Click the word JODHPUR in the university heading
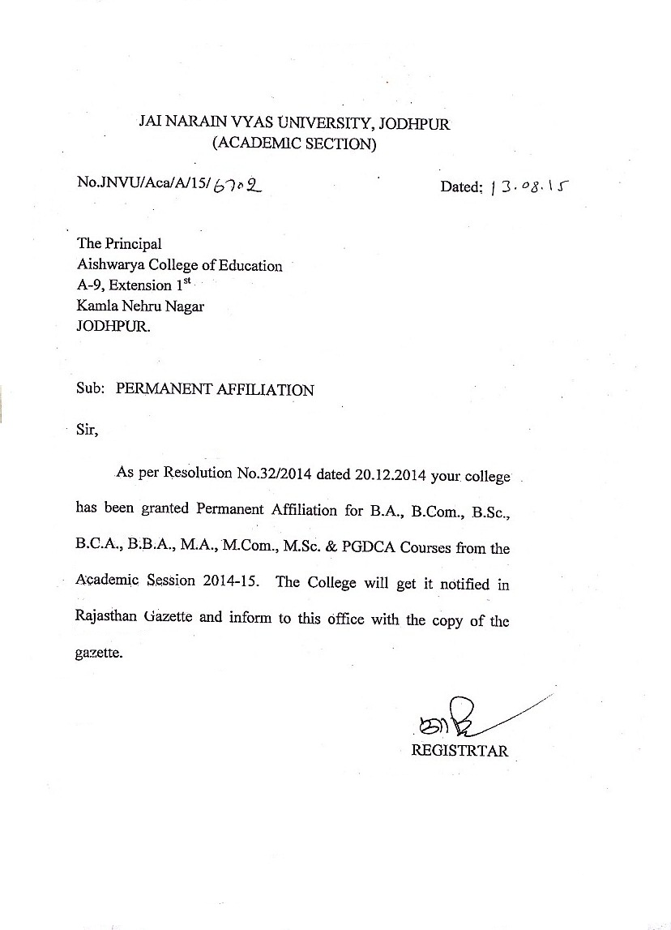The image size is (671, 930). [x=412, y=124]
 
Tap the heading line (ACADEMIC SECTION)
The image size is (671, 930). [x=293, y=145]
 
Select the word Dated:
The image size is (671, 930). [x=462, y=187]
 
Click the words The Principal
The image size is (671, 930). [x=119, y=243]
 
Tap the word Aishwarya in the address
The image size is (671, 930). [x=108, y=265]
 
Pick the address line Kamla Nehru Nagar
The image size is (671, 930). [x=129, y=306]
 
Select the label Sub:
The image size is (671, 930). [x=90, y=389]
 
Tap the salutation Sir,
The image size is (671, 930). [x=87, y=431]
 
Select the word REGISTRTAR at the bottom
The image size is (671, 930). [x=459, y=750]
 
